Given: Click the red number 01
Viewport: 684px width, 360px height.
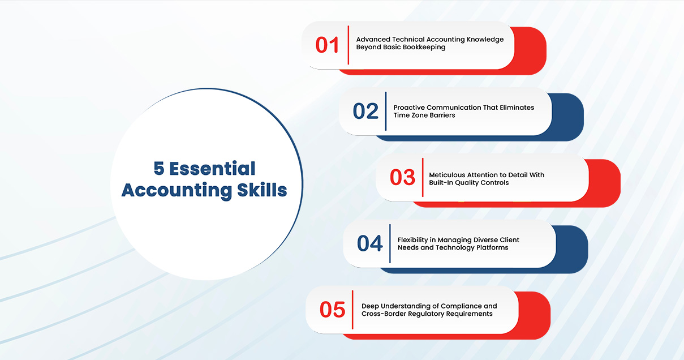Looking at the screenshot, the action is click(327, 45).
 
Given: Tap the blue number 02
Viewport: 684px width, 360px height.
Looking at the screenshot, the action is click(365, 111).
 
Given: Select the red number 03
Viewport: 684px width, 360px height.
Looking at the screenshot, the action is click(402, 177).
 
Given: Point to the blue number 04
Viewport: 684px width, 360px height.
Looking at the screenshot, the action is click(370, 243).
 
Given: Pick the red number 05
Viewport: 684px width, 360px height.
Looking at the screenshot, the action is click(332, 310).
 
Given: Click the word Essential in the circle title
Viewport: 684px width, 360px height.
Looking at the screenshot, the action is click(212, 169).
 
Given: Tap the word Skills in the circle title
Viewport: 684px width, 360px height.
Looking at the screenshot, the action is click(262, 190).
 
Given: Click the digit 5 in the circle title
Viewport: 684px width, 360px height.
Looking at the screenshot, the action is click(159, 169).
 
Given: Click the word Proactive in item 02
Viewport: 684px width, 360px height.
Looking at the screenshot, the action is click(409, 108).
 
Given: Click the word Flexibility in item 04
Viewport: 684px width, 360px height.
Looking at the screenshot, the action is click(413, 240).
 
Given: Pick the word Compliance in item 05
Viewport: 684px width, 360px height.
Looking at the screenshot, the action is click(461, 306).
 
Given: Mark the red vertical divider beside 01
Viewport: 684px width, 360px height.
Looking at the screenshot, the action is click(348, 45).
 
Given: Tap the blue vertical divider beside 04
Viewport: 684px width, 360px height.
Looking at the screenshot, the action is click(390, 243).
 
